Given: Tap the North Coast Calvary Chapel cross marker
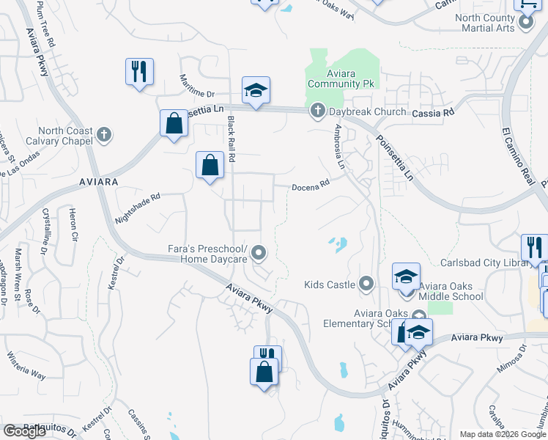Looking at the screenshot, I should click(x=104, y=134).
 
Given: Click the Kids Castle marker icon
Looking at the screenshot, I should click(x=367, y=284).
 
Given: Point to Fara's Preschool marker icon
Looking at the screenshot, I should click(x=258, y=254).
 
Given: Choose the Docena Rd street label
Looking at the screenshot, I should click(x=311, y=186).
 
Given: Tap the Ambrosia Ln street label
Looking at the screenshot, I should click(x=339, y=147).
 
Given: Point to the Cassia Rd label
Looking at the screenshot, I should click(x=433, y=112).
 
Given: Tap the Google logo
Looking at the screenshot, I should click(x=24, y=430).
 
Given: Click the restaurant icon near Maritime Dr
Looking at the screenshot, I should click(x=139, y=72).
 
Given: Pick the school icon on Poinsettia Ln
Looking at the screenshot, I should click(x=256, y=91).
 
